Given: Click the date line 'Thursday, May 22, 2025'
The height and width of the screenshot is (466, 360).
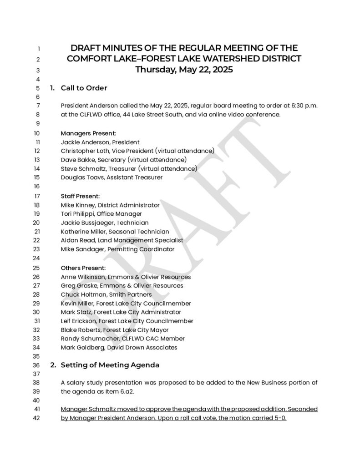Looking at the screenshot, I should coord(184,70).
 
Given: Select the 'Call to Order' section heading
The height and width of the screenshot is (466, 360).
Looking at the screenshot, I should coord(84,88).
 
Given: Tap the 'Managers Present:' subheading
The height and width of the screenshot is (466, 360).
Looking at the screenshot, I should coord(88,133).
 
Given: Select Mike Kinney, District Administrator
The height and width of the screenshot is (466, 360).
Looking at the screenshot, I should coord(110,205).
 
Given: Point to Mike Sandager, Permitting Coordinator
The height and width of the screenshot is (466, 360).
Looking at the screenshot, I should coord(117,249).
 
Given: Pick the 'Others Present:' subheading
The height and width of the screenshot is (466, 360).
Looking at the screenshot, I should coord(83,268).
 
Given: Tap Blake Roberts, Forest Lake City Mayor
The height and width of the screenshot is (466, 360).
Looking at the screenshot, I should coord(114,330).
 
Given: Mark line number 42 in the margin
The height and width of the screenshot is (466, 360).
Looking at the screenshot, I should coord(38,418).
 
